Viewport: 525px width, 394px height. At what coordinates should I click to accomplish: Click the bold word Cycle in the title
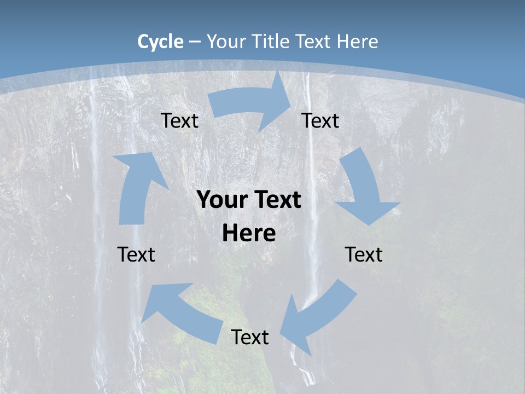point(160,42)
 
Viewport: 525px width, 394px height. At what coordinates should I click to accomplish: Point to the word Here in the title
point(358,42)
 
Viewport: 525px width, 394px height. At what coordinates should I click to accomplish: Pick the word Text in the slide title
point(314,42)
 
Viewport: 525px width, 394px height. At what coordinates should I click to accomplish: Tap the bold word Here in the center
point(249,233)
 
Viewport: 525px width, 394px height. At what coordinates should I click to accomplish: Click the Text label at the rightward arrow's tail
point(179,120)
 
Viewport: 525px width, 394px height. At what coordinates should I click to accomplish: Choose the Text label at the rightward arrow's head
point(320,120)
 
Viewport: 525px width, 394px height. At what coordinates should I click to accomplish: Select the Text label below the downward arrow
point(364,254)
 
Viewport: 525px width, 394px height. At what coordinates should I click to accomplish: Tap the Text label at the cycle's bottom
point(250,337)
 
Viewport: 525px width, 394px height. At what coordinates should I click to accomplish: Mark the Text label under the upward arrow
point(136,254)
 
